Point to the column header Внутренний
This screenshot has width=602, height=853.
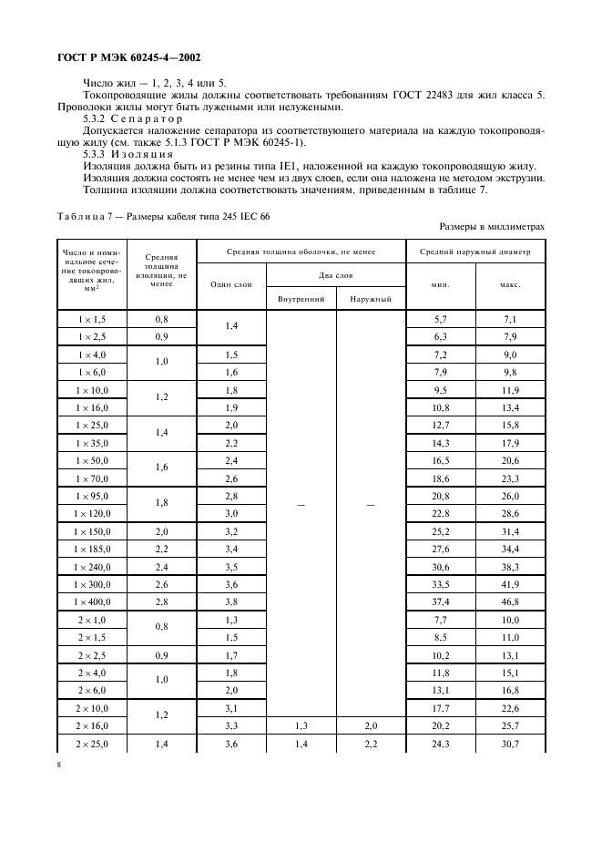pos(301,298)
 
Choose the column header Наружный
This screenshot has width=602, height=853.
pos(371,298)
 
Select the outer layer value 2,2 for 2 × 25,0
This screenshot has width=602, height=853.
pos(371,745)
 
